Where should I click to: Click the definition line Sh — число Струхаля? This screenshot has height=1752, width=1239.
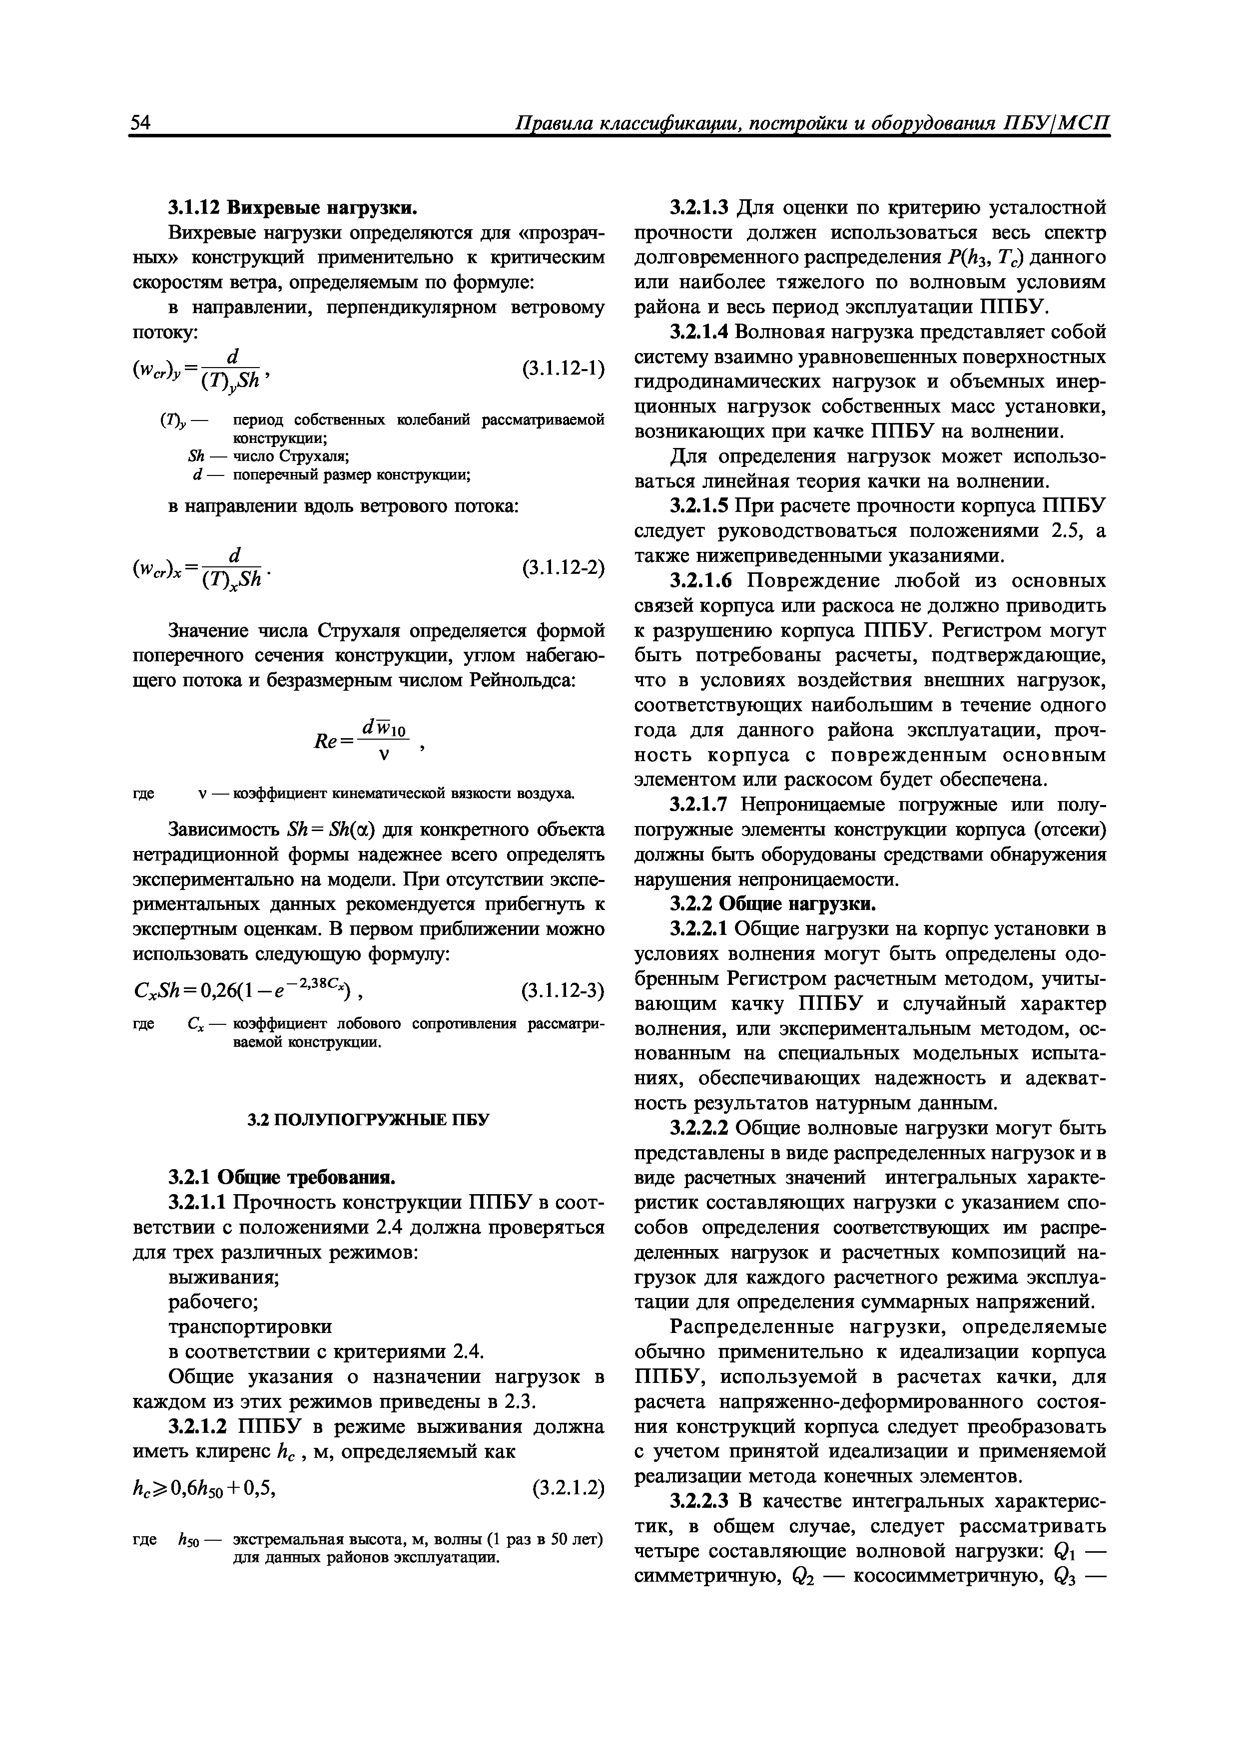point(268,456)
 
